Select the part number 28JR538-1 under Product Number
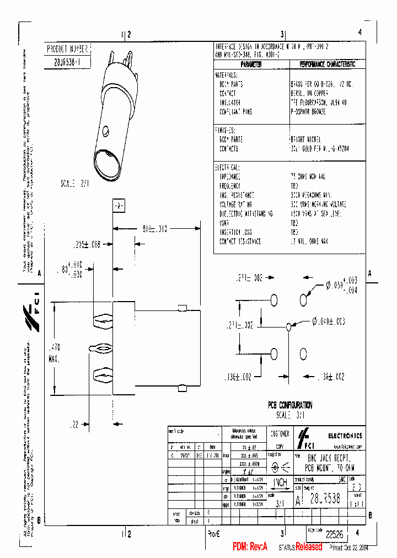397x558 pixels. (x=65, y=62)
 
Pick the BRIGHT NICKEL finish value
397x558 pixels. (x=305, y=140)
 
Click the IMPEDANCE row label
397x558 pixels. (x=230, y=177)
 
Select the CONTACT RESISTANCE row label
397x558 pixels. (x=240, y=242)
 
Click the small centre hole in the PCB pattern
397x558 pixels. (x=288, y=327)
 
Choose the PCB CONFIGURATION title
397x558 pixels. (x=290, y=405)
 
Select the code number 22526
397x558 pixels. (x=334, y=534)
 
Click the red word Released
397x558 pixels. (x=309, y=547)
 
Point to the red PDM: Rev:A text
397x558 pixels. (x=250, y=547)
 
